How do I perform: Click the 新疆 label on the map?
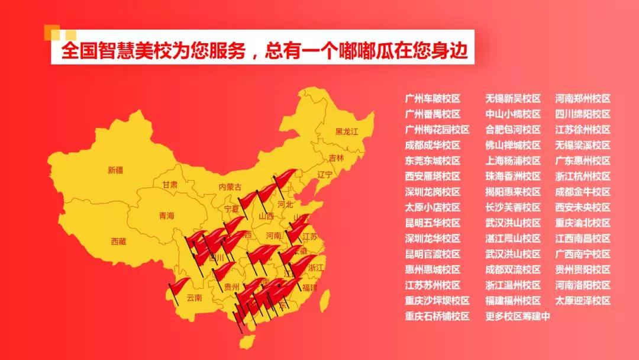click(115, 171)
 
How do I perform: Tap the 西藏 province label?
click(118, 241)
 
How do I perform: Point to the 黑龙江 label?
click(347, 131)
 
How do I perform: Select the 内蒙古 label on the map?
click(230, 187)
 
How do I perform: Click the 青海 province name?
click(167, 216)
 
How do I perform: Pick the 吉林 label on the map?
click(336, 158)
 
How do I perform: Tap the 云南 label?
click(194, 297)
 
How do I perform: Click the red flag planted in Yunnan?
click(177, 286)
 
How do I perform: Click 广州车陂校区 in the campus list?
click(433, 99)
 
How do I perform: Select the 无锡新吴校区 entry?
click(513, 99)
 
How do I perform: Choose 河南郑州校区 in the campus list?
click(582, 99)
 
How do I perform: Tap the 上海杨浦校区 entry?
click(513, 160)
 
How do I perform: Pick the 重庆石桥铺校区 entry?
click(437, 316)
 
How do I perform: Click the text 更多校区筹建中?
click(518, 316)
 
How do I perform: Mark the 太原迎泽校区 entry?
click(582, 301)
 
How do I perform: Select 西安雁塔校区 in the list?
click(433, 176)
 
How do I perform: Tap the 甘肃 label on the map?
click(170, 185)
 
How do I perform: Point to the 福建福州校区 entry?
click(513, 301)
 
